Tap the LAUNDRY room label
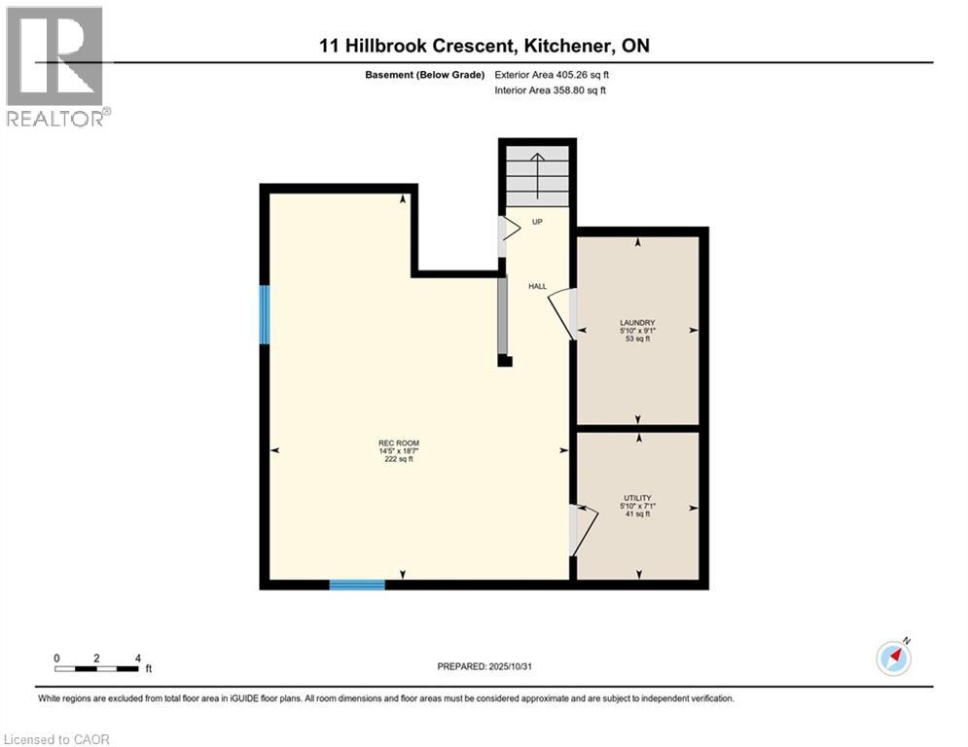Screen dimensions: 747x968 [637, 323]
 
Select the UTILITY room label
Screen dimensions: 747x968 [637, 498]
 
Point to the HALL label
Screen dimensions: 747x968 [537, 286]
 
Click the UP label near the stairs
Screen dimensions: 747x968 [537, 223]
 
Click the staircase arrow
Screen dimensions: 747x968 [538, 170]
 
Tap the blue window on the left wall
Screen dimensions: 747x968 [265, 314]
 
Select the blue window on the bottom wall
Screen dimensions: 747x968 [357, 585]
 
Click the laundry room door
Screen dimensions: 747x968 [562, 313]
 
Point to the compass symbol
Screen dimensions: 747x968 [893, 658]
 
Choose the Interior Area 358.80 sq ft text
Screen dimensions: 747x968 [551, 90]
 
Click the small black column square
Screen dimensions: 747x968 [504, 360]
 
